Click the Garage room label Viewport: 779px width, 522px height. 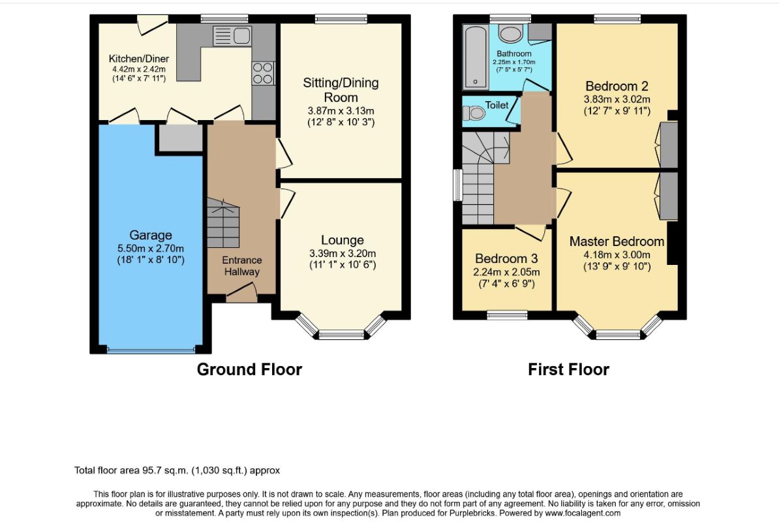pyautogui.click(x=151, y=235)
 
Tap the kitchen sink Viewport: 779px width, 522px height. pyautogui.click(x=232, y=36)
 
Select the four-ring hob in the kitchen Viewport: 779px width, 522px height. pyautogui.click(x=262, y=73)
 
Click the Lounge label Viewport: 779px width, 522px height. pyautogui.click(x=343, y=240)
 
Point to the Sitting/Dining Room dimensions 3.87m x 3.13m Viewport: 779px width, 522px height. pyautogui.click(x=341, y=111)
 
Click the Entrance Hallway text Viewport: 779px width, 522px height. pyautogui.click(x=242, y=266)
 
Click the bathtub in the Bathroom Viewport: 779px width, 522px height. pyautogui.click(x=476, y=57)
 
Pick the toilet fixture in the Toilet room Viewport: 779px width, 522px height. pyautogui.click(x=474, y=114)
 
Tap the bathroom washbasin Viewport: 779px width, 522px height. pyautogui.click(x=510, y=34)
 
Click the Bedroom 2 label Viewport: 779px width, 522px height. pyautogui.click(x=617, y=86)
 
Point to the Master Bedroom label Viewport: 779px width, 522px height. pyautogui.click(x=617, y=241)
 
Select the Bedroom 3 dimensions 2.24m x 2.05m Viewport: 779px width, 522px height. pyautogui.click(x=506, y=272)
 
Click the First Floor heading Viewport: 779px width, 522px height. pyautogui.click(x=568, y=369)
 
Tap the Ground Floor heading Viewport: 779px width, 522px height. pyautogui.click(x=249, y=369)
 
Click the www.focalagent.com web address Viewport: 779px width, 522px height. pyautogui.click(x=583, y=513)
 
